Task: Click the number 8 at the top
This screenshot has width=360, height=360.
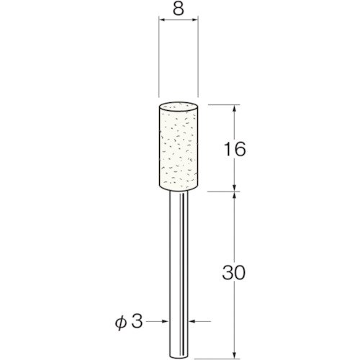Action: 179,11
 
